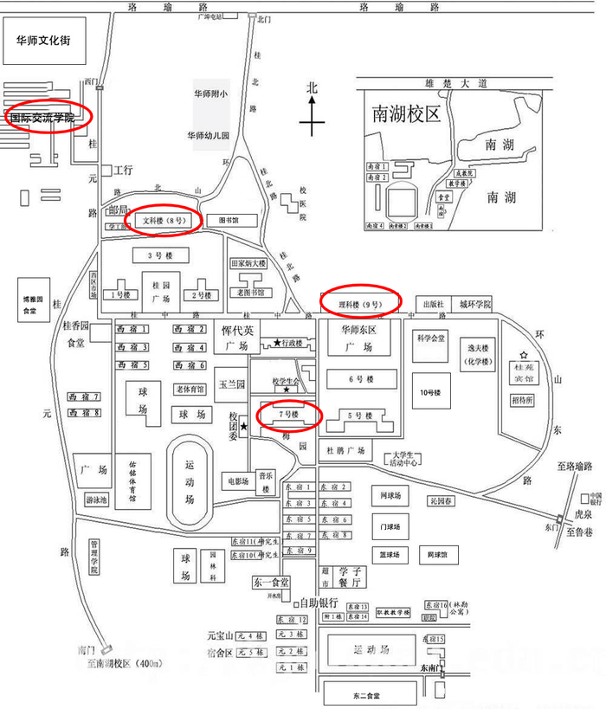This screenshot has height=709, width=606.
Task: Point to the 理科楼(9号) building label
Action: coord(360,303)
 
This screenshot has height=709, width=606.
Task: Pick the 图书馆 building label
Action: coord(228,221)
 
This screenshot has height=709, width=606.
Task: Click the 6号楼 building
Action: coord(360,379)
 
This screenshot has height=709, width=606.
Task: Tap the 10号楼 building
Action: coord(426,392)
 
